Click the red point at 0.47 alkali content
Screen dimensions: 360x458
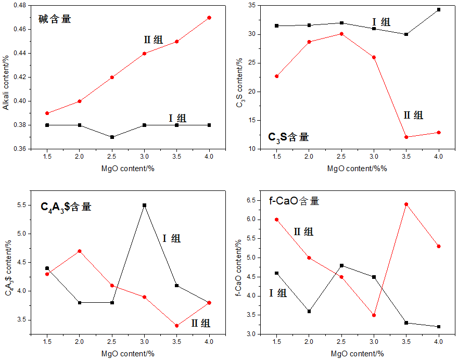point(209,18)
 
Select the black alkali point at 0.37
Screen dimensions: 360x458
point(112,137)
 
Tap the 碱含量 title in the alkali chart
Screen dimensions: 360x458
point(55,19)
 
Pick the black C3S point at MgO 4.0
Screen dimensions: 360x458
point(439,9)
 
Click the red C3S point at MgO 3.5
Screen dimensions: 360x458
point(406,137)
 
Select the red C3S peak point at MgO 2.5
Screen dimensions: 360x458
point(341,34)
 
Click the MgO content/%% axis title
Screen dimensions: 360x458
point(358,169)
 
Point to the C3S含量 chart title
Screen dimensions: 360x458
point(288,137)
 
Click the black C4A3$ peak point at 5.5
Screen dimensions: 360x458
point(145,205)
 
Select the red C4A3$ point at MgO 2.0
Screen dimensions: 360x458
point(80,251)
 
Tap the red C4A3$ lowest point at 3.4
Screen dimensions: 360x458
point(177,326)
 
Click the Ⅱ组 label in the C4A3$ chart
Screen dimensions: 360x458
point(200,323)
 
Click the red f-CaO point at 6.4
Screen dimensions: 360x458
point(406,204)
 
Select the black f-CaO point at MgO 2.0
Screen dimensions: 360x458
point(309,311)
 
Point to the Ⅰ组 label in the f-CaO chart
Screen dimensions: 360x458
point(278,293)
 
